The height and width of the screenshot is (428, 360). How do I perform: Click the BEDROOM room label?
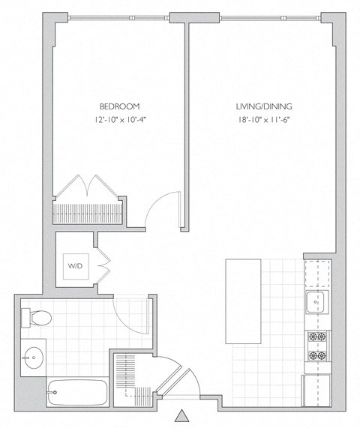tap(119, 106)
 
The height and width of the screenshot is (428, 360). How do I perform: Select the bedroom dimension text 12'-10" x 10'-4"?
tap(119, 120)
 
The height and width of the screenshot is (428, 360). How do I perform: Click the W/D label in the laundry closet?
tap(75, 266)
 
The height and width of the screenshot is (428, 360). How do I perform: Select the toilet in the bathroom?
tap(37, 318)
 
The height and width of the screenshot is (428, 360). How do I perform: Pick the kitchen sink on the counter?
tap(315, 304)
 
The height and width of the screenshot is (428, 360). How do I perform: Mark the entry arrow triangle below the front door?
tap(181, 417)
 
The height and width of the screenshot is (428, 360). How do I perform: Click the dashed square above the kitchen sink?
tap(316, 274)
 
